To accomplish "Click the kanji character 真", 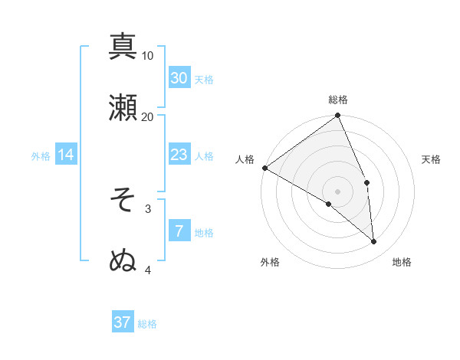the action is tap(123, 46).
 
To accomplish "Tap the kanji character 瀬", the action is tap(123, 106).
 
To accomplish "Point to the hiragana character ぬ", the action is tap(123, 260).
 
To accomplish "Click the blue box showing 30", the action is tap(179, 78).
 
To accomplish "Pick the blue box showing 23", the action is tap(179, 155).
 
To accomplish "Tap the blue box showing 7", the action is tap(179, 231).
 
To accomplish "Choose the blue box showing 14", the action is tap(66, 155).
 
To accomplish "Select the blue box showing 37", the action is tap(123, 322).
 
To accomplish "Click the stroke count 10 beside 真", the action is tap(148, 56).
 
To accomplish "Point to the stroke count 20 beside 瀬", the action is tap(148, 116).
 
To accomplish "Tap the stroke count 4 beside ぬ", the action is tap(148, 270).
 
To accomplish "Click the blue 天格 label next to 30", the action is tap(204, 80).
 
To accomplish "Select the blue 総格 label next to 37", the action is tap(147, 324).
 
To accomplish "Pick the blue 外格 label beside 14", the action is tap(41, 156).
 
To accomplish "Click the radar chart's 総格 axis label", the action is tap(338, 100).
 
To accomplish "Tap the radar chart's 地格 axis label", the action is tap(402, 262).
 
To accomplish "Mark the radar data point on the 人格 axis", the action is tap(264, 168).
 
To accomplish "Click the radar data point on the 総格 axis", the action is tap(338, 116).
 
